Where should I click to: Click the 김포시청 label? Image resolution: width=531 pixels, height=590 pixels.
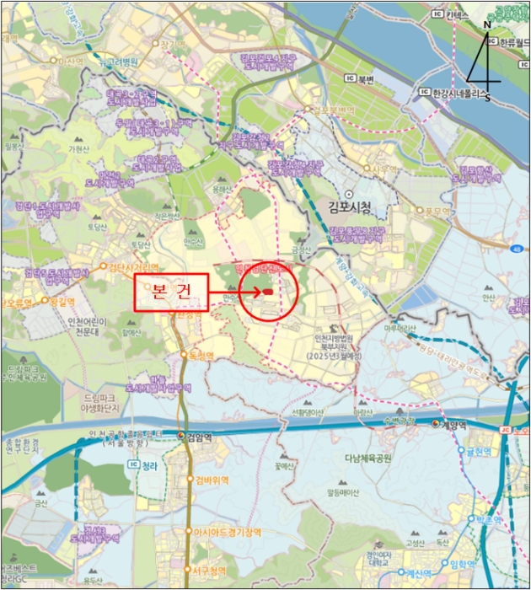[351, 204]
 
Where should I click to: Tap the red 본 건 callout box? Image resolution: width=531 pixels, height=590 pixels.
[170, 292]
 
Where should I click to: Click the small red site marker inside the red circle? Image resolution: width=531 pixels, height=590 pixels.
[266, 292]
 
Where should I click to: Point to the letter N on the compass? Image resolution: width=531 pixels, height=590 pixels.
[487, 26]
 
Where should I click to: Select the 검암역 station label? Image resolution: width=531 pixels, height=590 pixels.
[200, 437]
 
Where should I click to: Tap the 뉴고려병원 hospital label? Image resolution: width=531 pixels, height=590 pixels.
[117, 62]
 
